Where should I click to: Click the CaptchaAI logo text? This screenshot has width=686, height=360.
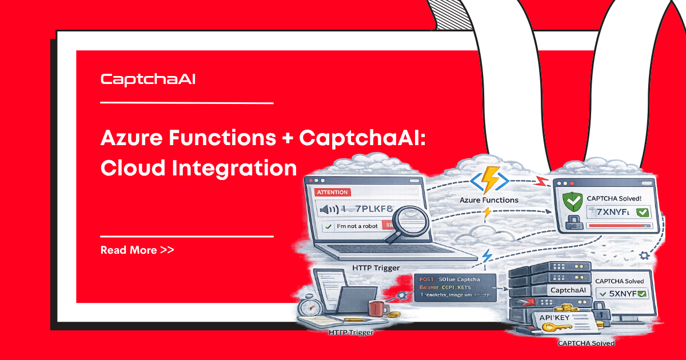(148, 79)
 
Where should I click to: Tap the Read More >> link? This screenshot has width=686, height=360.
(137, 250)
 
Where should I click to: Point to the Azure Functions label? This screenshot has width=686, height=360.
(489, 200)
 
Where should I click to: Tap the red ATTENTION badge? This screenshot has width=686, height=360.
(332, 193)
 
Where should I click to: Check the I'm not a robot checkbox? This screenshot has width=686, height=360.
(328, 227)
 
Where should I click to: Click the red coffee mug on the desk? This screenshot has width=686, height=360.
(376, 309)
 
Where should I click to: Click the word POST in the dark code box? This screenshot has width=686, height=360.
(426, 278)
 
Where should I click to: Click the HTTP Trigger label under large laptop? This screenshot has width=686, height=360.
(376, 267)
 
